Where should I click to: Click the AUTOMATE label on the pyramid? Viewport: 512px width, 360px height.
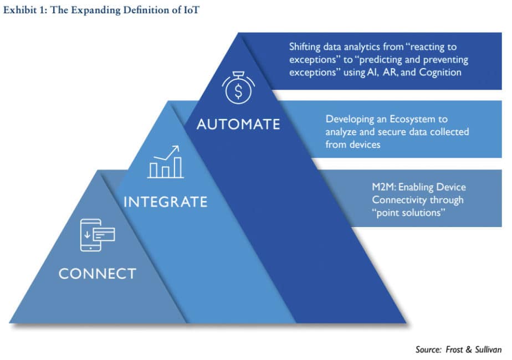tap(238, 125)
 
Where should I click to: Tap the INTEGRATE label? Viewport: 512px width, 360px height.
tap(166, 202)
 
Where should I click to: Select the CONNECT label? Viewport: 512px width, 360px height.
tap(98, 274)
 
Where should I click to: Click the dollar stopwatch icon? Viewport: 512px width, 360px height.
tap(238, 88)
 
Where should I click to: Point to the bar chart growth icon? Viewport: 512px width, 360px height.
tap(166, 162)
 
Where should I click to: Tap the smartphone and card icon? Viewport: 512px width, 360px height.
tap(98, 235)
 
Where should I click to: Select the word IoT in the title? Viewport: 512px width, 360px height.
tap(191, 10)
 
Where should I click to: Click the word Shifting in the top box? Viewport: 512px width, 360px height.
tap(305, 47)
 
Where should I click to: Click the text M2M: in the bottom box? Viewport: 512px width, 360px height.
tap(384, 187)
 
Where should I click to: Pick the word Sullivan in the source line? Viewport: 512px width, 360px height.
tap(488, 349)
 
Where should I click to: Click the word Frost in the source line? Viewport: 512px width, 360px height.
tap(454, 349)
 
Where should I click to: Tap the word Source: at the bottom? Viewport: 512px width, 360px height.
tap(428, 349)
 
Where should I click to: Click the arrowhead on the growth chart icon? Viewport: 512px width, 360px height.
tap(176, 149)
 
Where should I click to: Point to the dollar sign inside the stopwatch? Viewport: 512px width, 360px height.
tap(238, 91)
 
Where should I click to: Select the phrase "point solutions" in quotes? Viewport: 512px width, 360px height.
tap(408, 213)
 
